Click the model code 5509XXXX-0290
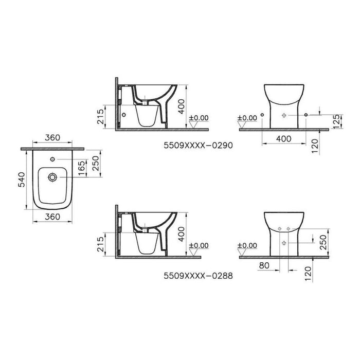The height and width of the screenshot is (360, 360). tap(198, 146)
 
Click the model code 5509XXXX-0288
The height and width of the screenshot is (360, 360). tap(198, 275)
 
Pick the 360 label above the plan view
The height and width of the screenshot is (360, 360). tap(51, 138)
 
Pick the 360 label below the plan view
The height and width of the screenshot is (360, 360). tap(51, 217)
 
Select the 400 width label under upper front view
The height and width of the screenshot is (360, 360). tap(284, 138)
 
